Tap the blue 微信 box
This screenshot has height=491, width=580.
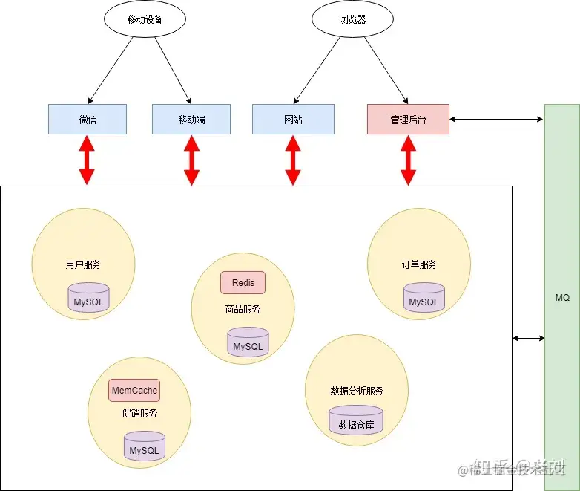point(88,119)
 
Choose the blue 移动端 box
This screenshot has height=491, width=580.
point(191,119)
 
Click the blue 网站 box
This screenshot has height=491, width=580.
point(293,119)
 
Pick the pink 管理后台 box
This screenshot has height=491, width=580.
point(408,119)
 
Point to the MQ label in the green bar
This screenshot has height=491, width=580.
point(562,298)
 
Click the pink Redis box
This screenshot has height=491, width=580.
point(243,283)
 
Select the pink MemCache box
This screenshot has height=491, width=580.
point(134,390)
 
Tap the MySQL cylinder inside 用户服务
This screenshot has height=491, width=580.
point(88,299)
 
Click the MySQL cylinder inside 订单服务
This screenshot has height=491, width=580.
point(424,299)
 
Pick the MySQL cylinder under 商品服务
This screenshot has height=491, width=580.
point(248,343)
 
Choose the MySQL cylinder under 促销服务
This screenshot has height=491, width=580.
point(144,447)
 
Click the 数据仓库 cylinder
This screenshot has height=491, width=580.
point(356,422)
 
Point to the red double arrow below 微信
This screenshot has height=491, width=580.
point(88,160)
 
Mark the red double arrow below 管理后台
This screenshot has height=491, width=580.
point(408,160)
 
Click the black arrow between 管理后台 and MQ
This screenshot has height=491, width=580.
point(497,119)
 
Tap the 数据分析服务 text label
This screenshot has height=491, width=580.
point(356,391)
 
